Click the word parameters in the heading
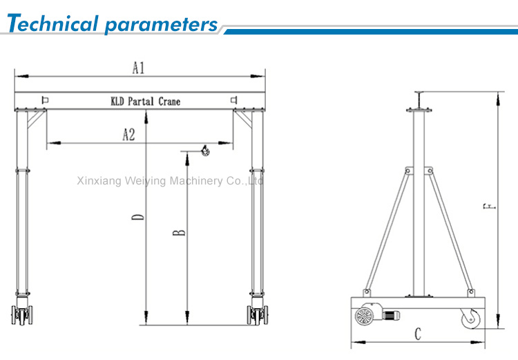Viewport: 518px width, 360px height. [x=161, y=25]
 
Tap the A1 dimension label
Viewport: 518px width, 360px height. [x=138, y=68]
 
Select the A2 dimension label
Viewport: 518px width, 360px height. [x=128, y=134]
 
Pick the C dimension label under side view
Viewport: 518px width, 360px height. [x=417, y=334]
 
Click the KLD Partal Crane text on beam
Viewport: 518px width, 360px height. [x=145, y=102]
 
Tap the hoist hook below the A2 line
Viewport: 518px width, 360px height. [x=204, y=151]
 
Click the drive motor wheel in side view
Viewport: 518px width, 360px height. [x=364, y=316]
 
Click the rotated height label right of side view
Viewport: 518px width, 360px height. [x=488, y=205]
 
